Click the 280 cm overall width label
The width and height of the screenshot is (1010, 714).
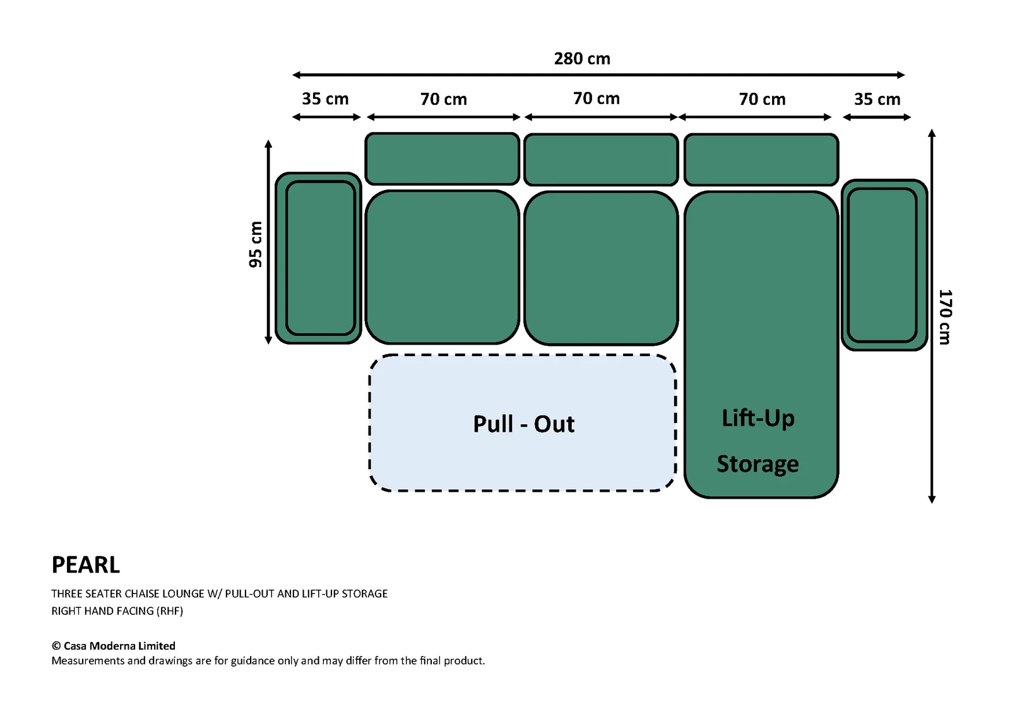582,59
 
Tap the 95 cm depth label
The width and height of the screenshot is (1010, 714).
255,244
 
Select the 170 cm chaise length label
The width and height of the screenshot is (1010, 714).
945,317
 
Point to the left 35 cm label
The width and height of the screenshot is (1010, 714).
325,98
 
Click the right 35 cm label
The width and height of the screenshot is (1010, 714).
877,99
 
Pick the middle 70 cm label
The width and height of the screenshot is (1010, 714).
597,98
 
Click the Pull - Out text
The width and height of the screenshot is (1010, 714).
524,424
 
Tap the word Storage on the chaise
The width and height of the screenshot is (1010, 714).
758,464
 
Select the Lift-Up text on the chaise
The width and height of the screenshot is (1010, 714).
758,418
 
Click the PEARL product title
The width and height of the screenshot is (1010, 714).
86,565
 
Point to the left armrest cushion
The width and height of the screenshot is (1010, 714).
318,258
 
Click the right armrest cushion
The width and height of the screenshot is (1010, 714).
884,265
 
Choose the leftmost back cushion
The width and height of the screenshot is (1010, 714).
443,158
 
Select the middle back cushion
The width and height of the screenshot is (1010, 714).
601,159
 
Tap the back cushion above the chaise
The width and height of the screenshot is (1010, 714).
761,159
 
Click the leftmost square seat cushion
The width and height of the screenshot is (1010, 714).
443,267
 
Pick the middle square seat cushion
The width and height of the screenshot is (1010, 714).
601,268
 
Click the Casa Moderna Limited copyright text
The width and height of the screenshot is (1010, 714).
114,646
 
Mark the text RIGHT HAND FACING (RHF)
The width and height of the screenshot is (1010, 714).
117,611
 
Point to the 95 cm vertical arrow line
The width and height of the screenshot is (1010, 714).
268,242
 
